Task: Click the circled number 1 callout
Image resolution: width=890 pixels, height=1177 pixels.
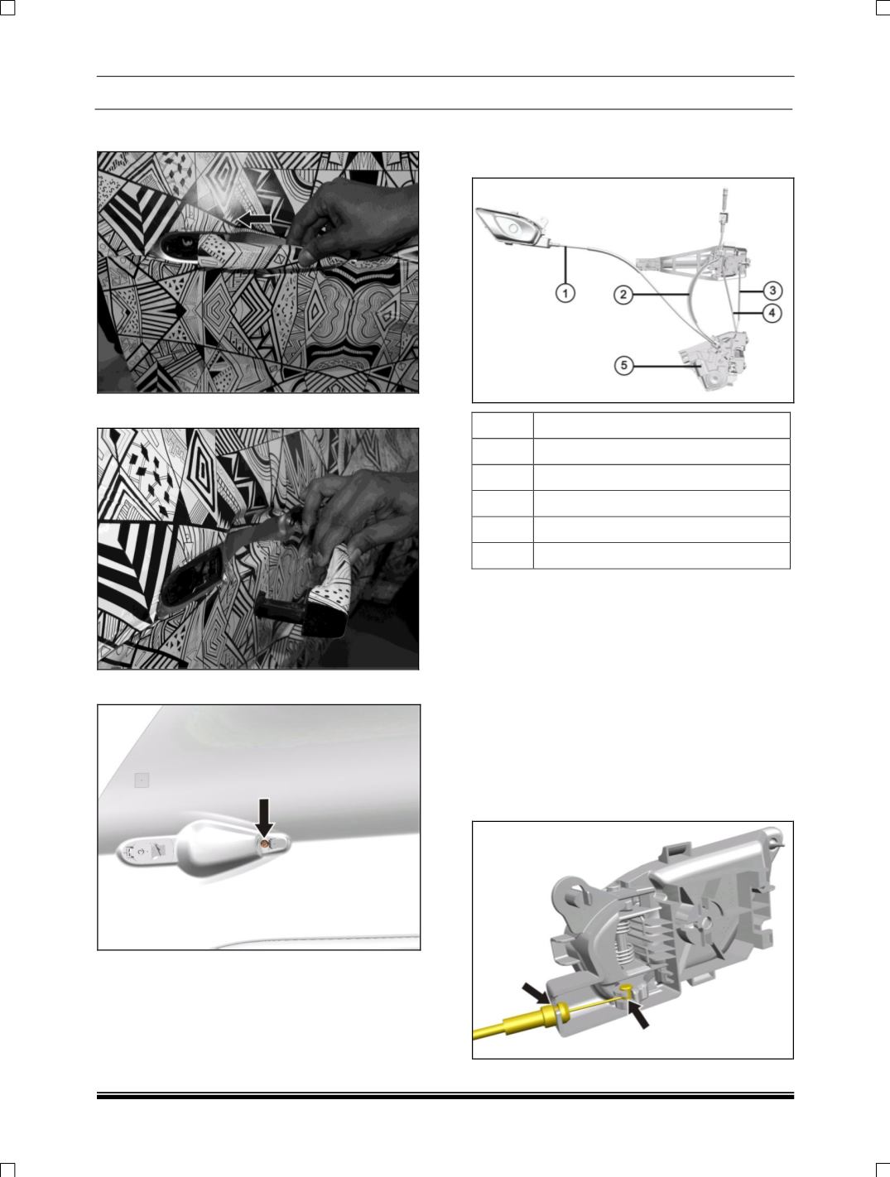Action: click(565, 293)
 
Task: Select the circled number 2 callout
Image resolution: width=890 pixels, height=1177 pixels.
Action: click(623, 295)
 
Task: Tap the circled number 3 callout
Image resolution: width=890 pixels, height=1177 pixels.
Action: click(772, 291)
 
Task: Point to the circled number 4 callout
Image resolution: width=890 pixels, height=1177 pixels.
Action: click(772, 313)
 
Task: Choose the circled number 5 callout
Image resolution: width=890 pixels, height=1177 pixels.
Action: click(623, 366)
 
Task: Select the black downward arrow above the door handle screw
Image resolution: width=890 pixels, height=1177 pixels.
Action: click(264, 817)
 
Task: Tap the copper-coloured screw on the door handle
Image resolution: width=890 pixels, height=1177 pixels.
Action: click(264, 844)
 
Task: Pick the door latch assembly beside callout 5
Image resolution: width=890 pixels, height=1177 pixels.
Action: click(715, 360)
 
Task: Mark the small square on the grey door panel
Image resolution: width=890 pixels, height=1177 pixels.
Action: click(142, 781)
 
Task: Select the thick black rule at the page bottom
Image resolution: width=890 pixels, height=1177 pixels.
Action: click(445, 1097)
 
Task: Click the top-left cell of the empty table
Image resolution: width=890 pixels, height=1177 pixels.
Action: click(503, 425)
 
